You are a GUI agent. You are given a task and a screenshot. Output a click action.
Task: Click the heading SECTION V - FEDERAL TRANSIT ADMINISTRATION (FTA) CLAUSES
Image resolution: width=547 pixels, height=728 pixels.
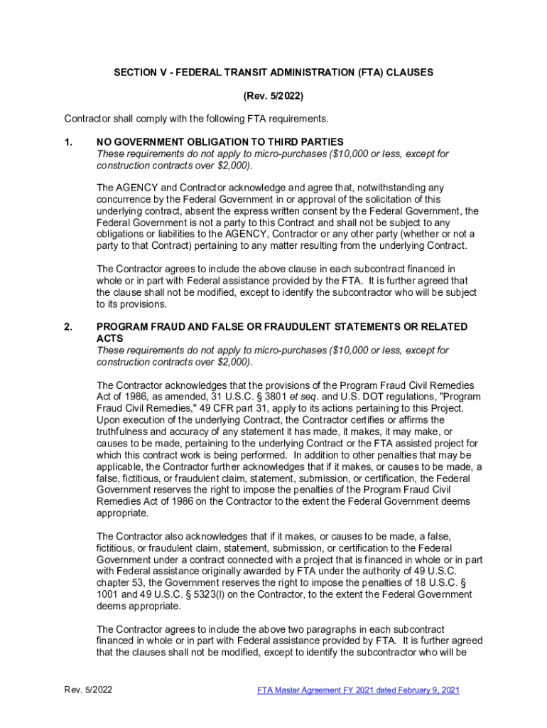click(273, 73)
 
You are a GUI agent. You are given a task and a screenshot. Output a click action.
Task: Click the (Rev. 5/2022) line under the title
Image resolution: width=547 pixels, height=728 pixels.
click(273, 95)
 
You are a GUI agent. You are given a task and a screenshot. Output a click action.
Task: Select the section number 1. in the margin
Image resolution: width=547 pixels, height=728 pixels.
click(68, 142)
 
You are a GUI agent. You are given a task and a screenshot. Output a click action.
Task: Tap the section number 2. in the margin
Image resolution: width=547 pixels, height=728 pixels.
click(68, 327)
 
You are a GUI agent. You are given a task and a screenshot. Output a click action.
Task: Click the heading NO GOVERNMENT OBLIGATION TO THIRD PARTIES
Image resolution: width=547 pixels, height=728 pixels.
click(220, 142)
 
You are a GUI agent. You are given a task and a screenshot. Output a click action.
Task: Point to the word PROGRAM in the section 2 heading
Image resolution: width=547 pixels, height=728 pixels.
click(120, 327)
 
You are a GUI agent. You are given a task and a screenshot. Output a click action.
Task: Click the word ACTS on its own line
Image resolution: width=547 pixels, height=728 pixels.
click(109, 339)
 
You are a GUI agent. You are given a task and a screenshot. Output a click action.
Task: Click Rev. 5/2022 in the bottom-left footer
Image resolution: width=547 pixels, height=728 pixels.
click(88, 690)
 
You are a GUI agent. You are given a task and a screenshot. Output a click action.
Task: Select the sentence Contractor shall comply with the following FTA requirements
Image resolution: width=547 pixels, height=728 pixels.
click(196, 118)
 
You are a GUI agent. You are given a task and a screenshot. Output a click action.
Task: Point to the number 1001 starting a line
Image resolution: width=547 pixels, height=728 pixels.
click(108, 594)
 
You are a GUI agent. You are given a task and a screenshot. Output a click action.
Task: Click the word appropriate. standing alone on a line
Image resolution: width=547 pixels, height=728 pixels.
click(122, 513)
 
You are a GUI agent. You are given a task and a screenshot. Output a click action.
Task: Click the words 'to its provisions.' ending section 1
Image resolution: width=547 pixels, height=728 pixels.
click(132, 304)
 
